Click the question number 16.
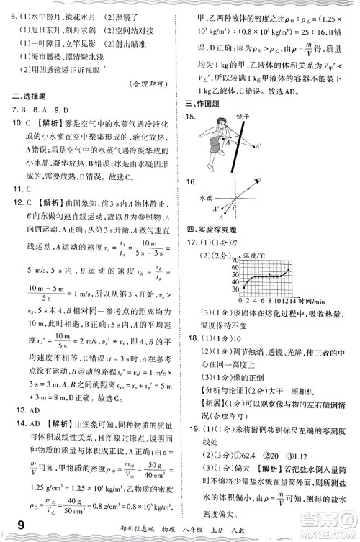[191, 182]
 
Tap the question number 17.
[191, 243]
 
